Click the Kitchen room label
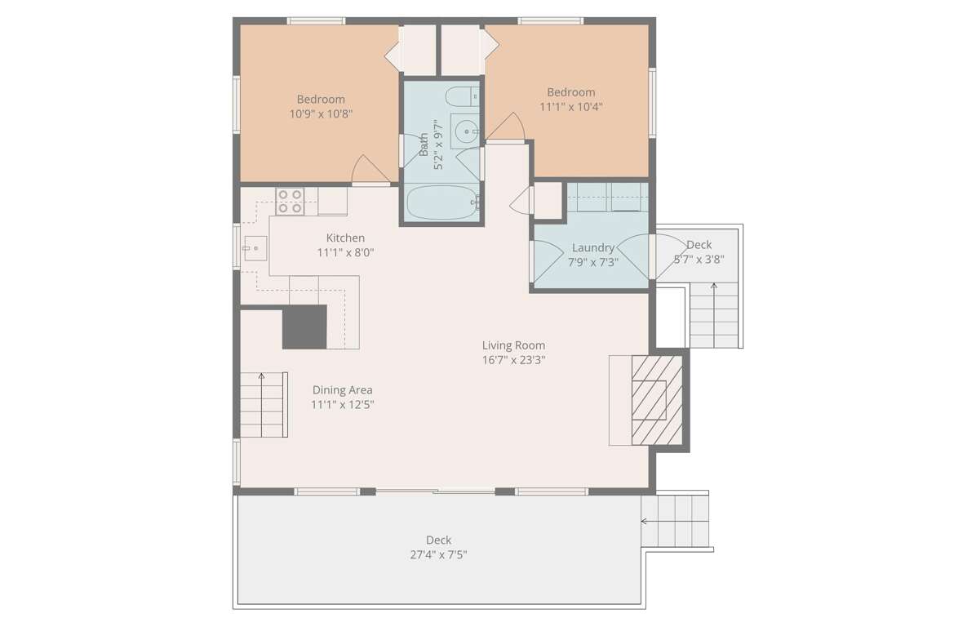(345, 238)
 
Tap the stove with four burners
(290, 201)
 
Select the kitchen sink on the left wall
(255, 248)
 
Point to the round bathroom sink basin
(465, 131)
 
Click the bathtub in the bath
(442, 202)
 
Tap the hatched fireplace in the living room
(657, 400)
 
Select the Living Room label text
(513, 345)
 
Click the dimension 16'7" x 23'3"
(513, 360)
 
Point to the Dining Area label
(343, 389)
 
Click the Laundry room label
(593, 248)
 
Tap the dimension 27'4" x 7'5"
(439, 555)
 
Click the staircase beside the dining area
(264, 405)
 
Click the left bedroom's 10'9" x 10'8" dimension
(322, 114)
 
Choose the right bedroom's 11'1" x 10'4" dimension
(570, 106)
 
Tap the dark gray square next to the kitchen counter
(305, 327)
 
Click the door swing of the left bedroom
(370, 169)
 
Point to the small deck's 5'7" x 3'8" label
(699, 260)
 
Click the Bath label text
(424, 145)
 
